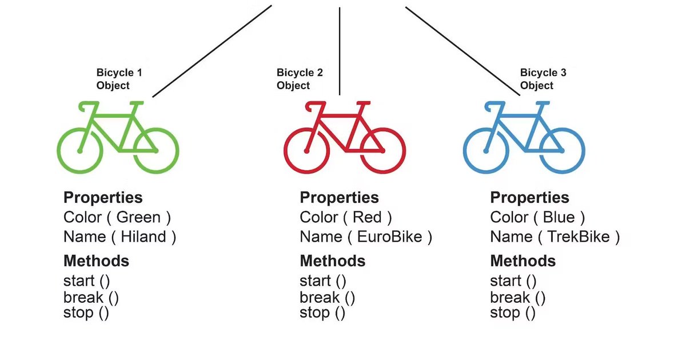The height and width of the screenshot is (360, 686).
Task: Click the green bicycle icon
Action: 118,137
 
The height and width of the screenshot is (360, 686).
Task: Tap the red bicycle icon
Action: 344,137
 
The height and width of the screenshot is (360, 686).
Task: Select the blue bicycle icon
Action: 524,137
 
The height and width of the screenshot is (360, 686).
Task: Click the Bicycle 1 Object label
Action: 119,79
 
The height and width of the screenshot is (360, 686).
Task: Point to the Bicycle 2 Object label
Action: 300,79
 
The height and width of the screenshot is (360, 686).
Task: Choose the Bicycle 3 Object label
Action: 543,79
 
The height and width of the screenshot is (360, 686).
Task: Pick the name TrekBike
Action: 579,237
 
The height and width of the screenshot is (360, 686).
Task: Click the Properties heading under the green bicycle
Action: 103,198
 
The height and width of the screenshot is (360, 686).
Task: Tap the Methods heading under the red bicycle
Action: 332,261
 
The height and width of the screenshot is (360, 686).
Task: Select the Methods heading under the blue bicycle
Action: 523,261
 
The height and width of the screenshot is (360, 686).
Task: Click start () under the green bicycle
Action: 86,281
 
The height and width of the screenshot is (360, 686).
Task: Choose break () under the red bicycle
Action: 327,298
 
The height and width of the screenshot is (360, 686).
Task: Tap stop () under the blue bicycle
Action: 513,313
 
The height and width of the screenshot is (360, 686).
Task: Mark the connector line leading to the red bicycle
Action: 340,51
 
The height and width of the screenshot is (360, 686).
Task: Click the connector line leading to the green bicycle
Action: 212,51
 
